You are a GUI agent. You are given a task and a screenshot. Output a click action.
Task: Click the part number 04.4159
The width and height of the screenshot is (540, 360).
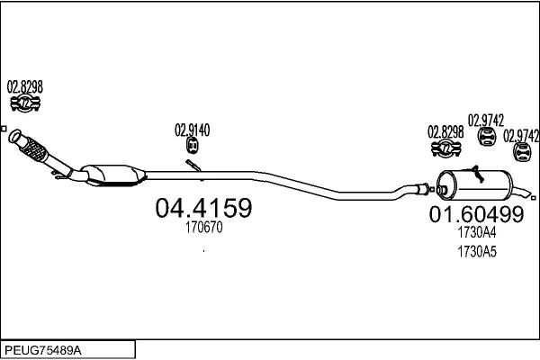click(203, 207)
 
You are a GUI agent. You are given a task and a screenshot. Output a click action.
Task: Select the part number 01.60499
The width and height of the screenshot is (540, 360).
click(476, 214)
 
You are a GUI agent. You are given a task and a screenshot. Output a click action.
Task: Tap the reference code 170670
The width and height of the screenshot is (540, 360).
click(204, 227)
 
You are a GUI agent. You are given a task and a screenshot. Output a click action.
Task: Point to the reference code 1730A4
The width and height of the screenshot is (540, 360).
click(477, 232)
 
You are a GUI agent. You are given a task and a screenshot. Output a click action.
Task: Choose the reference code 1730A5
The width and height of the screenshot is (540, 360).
click(477, 252)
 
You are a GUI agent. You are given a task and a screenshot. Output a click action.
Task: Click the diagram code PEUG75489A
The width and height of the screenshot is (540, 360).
click(43, 350)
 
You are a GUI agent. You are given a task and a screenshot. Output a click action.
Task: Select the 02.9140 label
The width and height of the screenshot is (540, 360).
click(193, 130)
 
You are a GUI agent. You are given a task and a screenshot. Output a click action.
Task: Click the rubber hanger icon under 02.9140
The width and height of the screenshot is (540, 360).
click(193, 146)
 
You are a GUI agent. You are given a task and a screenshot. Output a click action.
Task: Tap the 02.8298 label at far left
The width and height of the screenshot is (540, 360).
click(25, 86)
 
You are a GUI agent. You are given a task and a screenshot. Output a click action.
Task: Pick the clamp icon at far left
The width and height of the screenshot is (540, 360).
click(25, 103)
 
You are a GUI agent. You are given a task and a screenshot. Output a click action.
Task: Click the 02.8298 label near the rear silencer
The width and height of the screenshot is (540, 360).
click(445, 132)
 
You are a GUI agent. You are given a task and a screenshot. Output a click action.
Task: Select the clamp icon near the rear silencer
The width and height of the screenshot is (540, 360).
click(445, 148)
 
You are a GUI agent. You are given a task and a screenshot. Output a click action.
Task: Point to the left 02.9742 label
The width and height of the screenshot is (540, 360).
click(486, 121)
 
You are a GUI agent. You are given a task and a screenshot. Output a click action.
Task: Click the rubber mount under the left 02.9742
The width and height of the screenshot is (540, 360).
click(487, 136)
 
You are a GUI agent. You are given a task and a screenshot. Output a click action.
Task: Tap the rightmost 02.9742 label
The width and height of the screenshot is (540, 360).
click(521, 136)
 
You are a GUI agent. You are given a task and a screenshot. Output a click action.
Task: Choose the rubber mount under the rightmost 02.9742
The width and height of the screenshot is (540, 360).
click(522, 152)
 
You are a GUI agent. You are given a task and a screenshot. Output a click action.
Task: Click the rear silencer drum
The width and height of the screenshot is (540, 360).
click(474, 185)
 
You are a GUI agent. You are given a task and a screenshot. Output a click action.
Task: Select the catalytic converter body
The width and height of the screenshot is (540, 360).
click(113, 175)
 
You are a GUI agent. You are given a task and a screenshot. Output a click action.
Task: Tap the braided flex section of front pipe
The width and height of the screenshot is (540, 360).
click(34, 149)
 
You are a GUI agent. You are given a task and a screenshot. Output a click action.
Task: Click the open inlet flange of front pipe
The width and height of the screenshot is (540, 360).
click(14, 136)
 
